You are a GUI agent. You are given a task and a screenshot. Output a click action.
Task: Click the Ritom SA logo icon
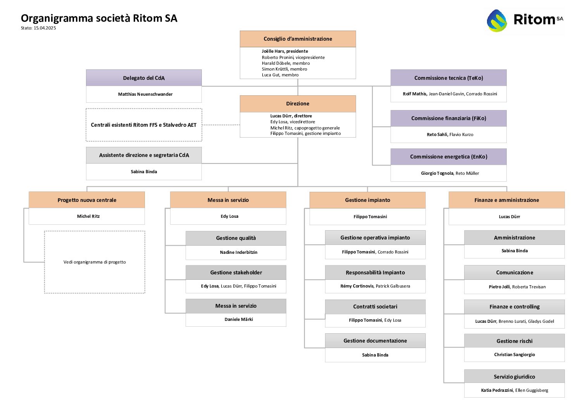click(x=497, y=20)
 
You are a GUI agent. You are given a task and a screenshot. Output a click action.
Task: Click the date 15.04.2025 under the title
click(x=45, y=28)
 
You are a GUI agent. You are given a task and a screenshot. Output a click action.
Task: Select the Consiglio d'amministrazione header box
click(x=298, y=39)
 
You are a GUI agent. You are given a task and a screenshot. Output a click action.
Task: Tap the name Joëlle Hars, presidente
click(x=285, y=51)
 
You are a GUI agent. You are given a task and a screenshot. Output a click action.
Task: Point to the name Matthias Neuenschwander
click(x=145, y=94)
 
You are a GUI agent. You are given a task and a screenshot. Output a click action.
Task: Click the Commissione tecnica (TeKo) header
click(x=448, y=78)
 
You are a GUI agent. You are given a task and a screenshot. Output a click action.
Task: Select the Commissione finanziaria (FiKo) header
click(x=448, y=118)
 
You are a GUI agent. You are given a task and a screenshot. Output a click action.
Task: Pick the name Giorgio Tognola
click(x=437, y=173)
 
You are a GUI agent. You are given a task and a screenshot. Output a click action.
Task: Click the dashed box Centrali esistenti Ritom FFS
click(x=144, y=125)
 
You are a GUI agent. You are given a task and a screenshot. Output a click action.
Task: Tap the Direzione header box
click(x=298, y=103)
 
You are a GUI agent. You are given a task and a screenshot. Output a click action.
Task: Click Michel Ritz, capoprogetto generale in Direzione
click(x=305, y=128)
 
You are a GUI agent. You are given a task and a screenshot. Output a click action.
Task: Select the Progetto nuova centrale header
click(x=87, y=200)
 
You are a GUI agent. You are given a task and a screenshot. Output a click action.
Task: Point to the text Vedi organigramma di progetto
click(x=95, y=262)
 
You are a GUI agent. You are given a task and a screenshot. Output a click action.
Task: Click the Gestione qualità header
click(x=236, y=238)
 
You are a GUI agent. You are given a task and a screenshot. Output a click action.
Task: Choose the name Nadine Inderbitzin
click(x=239, y=252)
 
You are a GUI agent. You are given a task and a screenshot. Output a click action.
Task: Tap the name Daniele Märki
click(x=239, y=319)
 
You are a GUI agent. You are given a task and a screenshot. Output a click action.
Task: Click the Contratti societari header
click(x=375, y=307)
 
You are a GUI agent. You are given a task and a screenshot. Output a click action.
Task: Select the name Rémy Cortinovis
click(x=357, y=286)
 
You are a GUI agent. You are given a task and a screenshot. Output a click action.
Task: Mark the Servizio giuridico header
click(x=514, y=377)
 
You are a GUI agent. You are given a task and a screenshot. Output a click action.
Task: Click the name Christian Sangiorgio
click(x=514, y=355)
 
